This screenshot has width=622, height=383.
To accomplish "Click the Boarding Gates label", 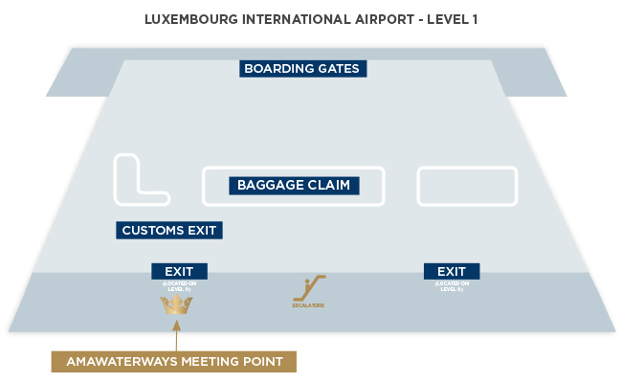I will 302,69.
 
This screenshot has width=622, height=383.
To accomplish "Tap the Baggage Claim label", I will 294,185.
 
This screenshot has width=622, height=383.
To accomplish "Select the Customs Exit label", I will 170,230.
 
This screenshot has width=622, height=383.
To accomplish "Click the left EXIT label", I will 179,271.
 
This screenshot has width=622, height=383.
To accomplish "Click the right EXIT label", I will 451,271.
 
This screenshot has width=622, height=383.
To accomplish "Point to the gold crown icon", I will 176,304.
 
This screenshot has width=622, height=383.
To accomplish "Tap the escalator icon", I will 309,288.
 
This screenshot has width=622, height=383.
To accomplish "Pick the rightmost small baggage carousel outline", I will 467,186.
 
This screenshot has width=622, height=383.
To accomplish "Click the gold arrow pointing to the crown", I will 176,334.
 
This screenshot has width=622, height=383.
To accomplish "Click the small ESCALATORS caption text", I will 308,305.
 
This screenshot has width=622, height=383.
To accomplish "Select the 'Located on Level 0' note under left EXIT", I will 179,285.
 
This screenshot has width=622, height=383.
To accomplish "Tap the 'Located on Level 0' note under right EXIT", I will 451,285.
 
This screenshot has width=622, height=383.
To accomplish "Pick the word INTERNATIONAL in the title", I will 292,18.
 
